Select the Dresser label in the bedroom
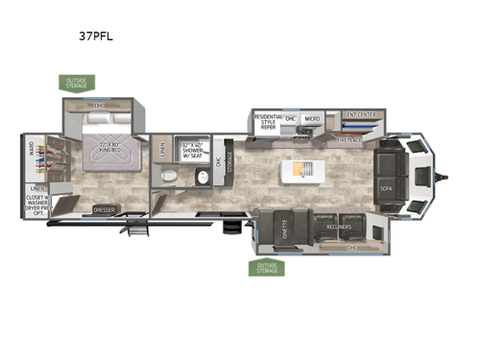pyautogui.click(x=105, y=208)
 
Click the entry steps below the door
pyautogui.click(x=140, y=228)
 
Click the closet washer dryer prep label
pyautogui.click(x=37, y=204)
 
